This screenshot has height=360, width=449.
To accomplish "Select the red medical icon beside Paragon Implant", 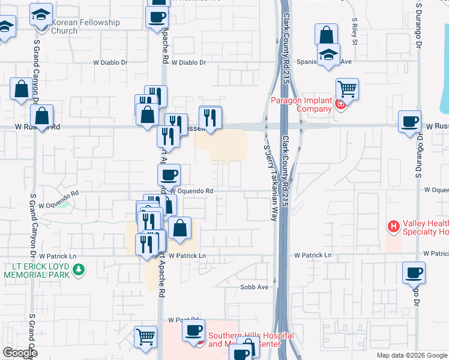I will (340, 104).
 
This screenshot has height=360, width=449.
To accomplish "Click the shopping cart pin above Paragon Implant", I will (347, 90).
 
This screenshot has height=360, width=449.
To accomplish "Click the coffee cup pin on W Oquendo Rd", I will (169, 175).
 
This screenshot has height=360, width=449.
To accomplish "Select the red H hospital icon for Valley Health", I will (394, 227).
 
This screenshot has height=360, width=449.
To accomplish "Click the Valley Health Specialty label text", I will (425, 227).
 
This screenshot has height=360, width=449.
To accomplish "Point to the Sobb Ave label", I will (255, 287).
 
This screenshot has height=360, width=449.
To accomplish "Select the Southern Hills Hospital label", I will (251, 340).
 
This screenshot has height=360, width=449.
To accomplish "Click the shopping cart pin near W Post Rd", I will (145, 338).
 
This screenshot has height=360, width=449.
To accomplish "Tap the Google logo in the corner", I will (20, 353).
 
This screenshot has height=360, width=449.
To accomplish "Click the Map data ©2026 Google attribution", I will (412, 355).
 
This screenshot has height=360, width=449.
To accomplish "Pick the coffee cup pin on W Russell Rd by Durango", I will (410, 122).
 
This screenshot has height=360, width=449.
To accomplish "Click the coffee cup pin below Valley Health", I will (414, 272).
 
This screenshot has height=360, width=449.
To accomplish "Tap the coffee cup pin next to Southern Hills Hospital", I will (193, 331).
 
